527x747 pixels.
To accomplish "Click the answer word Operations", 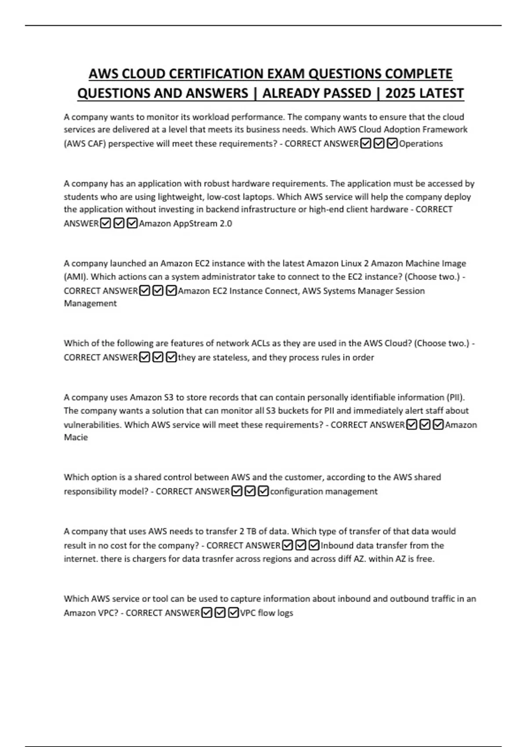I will [x=421, y=144].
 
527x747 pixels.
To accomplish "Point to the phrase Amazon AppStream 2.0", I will [x=185, y=224].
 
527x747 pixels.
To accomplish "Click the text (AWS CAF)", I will [x=85, y=144].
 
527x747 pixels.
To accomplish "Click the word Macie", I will [x=76, y=438].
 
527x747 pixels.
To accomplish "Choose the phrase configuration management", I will [x=324, y=492].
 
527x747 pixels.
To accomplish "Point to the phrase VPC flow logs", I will [x=266, y=613].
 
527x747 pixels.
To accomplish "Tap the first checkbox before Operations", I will [x=365, y=144].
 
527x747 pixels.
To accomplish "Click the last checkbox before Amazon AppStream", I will [x=132, y=224].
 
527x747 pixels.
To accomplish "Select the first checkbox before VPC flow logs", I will [x=207, y=613].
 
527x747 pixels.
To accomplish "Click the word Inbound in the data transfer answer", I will [x=337, y=546].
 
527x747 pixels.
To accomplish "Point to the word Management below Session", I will [x=90, y=304].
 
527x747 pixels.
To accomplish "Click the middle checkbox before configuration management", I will [x=250, y=492].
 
